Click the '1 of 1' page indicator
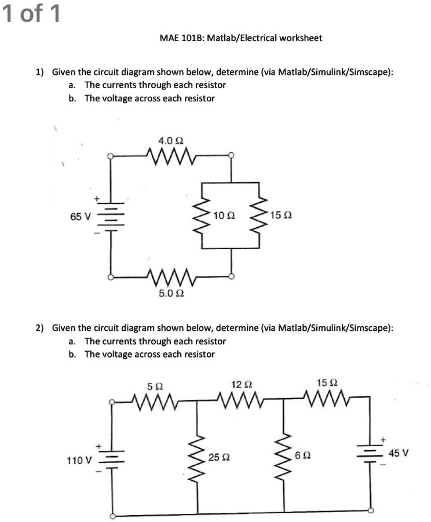tap(31, 13)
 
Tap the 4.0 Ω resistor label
tap(170, 141)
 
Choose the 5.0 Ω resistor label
tap(171, 294)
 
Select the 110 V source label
tap(79, 461)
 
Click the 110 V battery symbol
tap(111, 458)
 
